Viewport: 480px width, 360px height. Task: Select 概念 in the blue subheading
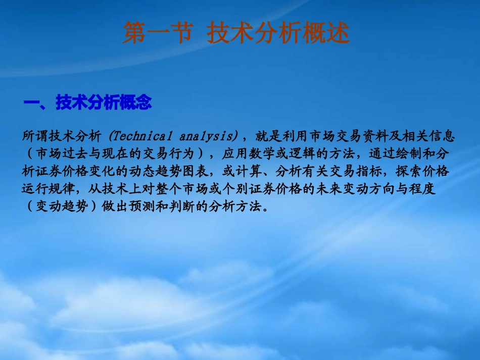pos(135,103)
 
